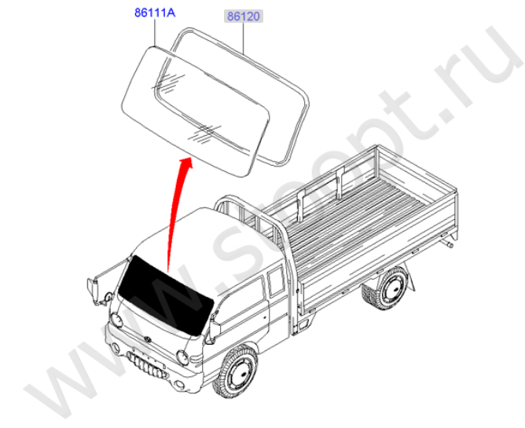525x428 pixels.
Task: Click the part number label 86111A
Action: [x=155, y=13]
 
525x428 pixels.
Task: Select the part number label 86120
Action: [x=244, y=16]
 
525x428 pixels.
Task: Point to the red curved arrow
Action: [x=176, y=214]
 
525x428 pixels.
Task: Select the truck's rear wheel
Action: [x=391, y=288]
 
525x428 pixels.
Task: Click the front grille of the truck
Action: [x=147, y=364]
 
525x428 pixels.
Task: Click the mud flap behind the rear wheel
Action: [x=411, y=279]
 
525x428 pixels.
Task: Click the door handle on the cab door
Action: [x=265, y=316]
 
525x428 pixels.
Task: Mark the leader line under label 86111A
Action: [x=155, y=32]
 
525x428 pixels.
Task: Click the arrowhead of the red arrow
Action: [x=185, y=163]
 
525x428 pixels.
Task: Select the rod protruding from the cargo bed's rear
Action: [x=448, y=243]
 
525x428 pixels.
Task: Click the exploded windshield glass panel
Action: [x=196, y=112]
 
